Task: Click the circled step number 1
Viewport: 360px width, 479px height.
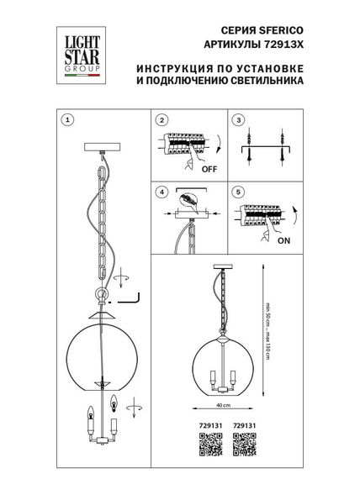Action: (x=69, y=119)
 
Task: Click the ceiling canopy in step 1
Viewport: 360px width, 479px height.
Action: (x=103, y=150)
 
